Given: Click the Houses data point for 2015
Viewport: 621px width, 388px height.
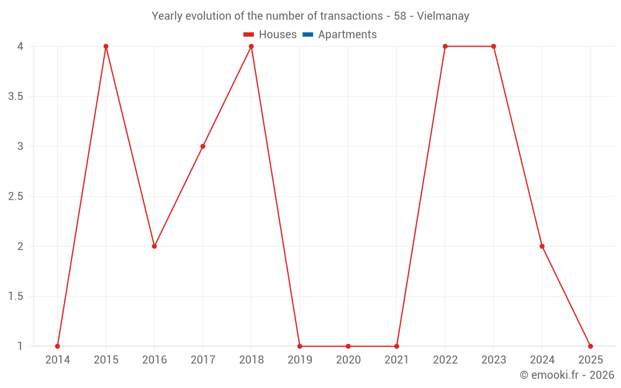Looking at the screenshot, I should coord(106,47).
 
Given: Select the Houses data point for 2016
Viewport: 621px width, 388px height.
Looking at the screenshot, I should coord(155,246).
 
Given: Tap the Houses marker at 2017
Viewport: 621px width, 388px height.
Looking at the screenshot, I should coord(203,147).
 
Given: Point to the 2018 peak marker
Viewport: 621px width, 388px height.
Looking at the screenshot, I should coord(252,47).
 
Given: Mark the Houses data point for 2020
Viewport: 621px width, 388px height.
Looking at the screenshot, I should coord(348,346).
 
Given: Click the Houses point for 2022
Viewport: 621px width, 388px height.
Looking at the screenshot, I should coord(445,47).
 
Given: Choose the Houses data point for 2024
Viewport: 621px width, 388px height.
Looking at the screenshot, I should coord(542,246).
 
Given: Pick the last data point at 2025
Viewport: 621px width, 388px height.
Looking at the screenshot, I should coord(591,346).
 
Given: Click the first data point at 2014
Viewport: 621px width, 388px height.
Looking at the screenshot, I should coord(58,346).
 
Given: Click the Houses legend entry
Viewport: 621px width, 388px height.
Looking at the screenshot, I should coord(270,35).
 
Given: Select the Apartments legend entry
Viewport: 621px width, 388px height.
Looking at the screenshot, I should coord(340,35).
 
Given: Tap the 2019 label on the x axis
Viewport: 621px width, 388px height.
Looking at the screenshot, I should coord(300,360).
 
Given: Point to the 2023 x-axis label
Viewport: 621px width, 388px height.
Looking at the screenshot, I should coord(494,360).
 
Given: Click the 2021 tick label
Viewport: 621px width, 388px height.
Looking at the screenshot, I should coord(397,360).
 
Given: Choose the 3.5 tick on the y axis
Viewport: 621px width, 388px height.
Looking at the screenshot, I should coord(16,97).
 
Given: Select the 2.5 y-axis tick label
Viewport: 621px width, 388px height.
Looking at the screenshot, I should coord(16,197).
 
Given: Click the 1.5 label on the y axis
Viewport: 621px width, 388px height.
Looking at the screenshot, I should coord(16,297).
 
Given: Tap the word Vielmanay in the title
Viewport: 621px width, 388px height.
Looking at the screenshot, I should coord(443,16).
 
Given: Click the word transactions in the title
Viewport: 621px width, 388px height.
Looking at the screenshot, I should coord(351,16).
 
